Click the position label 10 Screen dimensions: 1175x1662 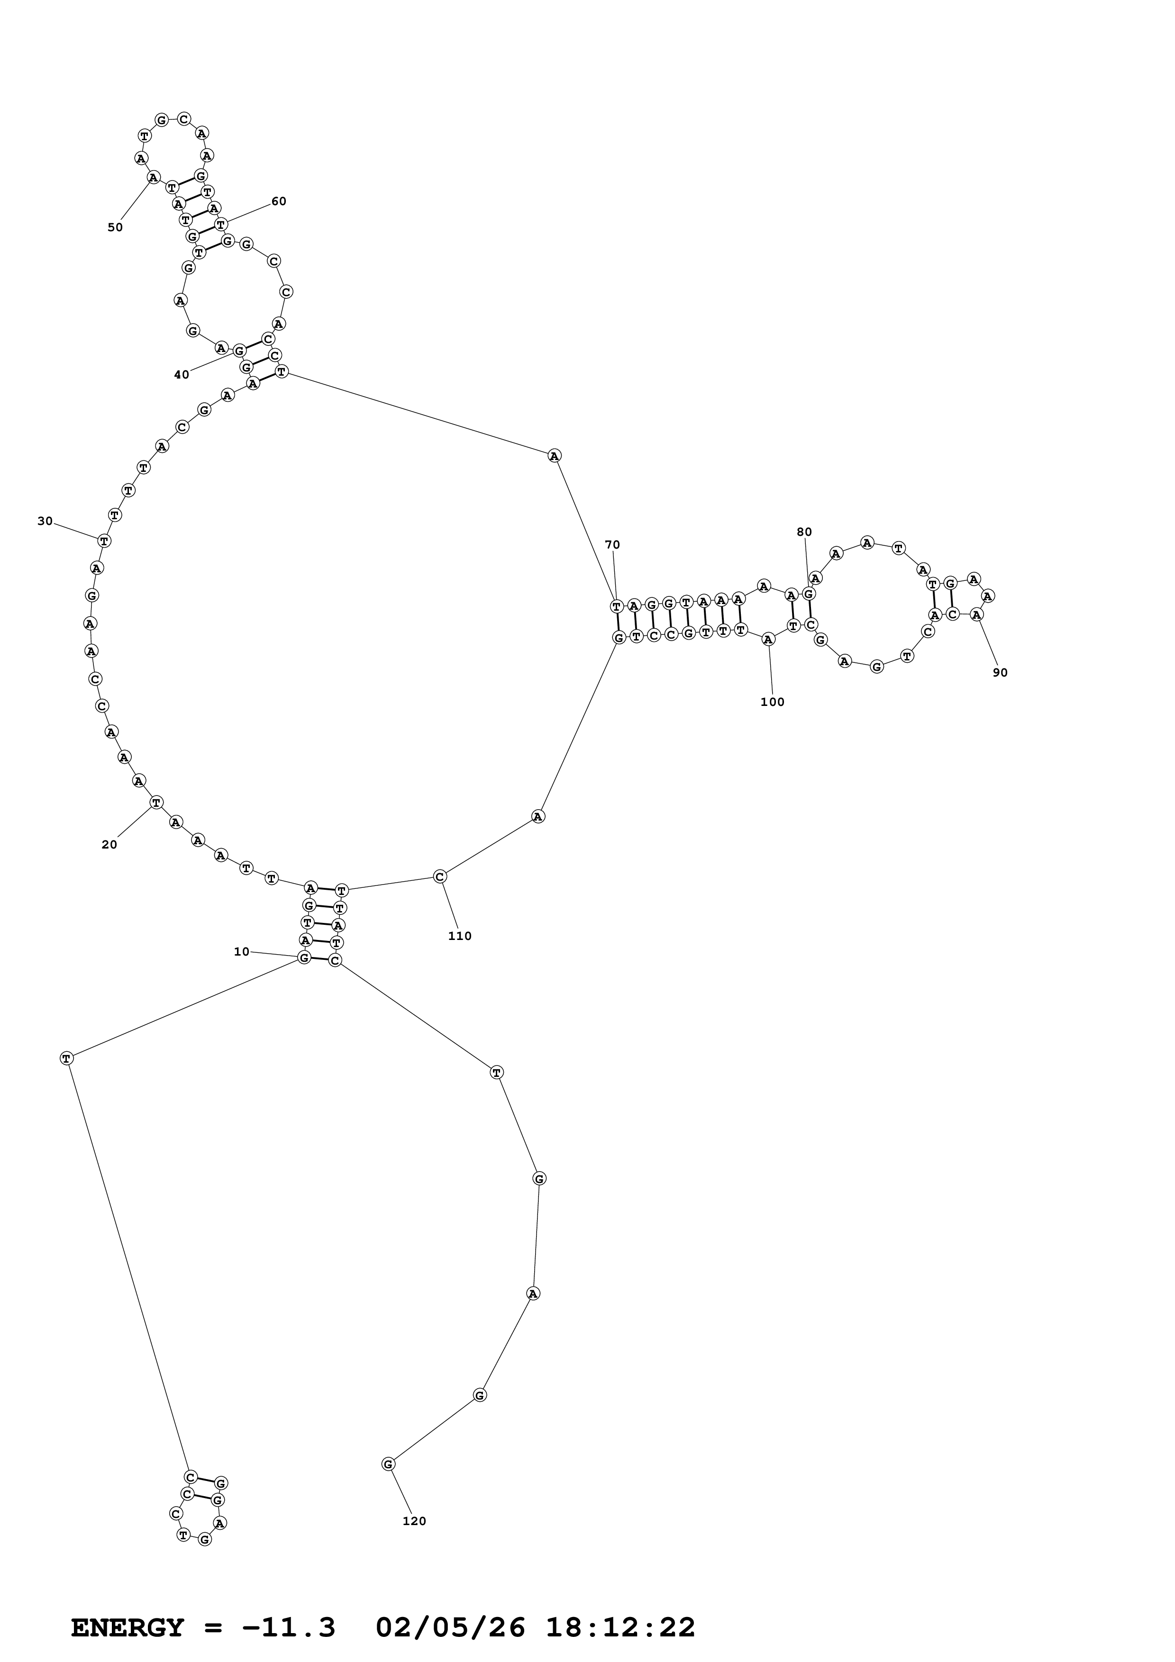[241, 951]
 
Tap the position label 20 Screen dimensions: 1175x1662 [109, 844]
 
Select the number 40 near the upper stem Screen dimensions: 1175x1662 [181, 374]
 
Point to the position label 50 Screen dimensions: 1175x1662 [115, 227]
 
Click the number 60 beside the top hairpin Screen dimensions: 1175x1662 [279, 201]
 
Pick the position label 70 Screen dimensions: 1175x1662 [612, 545]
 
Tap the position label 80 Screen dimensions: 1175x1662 [804, 532]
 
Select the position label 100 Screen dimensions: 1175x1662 [773, 702]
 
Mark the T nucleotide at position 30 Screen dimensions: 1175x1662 [104, 540]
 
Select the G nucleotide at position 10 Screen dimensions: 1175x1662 [304, 957]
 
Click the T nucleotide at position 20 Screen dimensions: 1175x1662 [156, 802]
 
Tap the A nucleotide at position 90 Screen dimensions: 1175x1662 [976, 614]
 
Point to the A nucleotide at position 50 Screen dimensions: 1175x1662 [153, 177]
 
